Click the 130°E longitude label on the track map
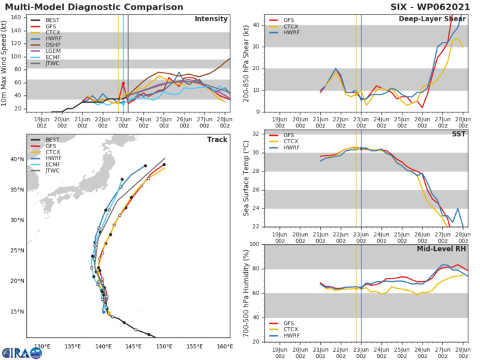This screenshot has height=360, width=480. coord(42,346)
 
